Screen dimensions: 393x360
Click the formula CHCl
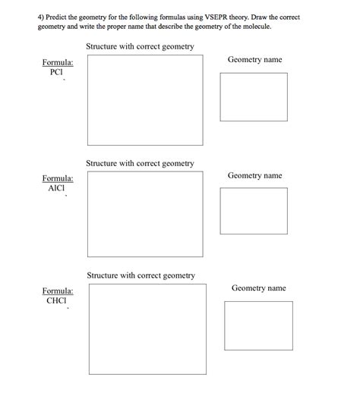point(57,300)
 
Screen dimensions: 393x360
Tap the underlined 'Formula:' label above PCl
point(58,62)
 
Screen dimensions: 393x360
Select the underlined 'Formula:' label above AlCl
point(58,178)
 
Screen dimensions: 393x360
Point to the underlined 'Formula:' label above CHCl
point(58,291)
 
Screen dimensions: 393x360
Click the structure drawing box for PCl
point(144,100)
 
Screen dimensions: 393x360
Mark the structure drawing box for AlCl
point(144,214)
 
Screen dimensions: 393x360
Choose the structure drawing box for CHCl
point(147,328)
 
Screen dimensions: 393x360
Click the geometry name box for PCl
point(254,96)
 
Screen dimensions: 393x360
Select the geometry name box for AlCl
point(254,211)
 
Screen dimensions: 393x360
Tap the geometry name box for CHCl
point(258,325)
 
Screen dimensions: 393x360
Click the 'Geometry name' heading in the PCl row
point(254,59)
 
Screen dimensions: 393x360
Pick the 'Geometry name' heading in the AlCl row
point(254,175)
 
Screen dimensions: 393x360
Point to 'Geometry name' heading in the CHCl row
point(258,288)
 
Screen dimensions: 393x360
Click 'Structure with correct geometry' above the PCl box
point(140,47)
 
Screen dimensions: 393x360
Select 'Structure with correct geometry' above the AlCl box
point(140,163)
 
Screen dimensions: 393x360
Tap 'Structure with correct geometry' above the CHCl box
point(141,275)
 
